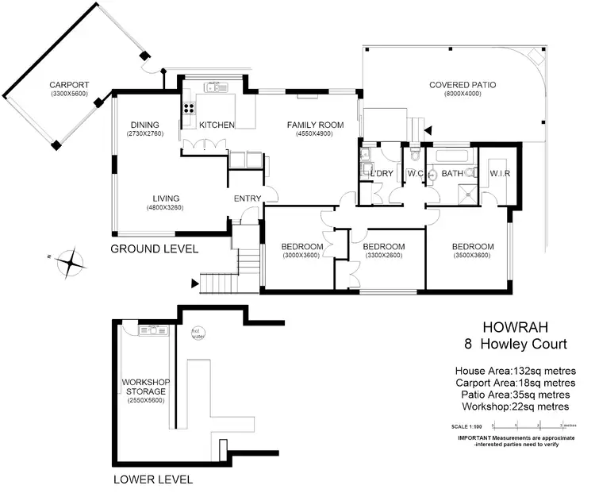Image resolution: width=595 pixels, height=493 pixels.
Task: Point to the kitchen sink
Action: pyautogui.click(x=213, y=87)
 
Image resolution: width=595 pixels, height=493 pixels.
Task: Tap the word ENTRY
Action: pyautogui.click(x=247, y=199)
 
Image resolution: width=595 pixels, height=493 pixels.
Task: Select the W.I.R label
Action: pyautogui.click(x=499, y=173)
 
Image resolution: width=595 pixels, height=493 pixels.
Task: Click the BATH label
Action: pyautogui.click(x=452, y=173)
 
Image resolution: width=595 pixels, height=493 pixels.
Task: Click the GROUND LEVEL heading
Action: pyautogui.click(x=154, y=249)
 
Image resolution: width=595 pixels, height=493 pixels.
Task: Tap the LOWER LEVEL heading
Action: pyautogui.click(x=152, y=480)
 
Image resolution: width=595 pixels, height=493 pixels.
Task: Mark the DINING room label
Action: pyautogui.click(x=146, y=125)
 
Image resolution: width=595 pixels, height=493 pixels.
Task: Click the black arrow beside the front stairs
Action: pyautogui.click(x=195, y=282)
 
